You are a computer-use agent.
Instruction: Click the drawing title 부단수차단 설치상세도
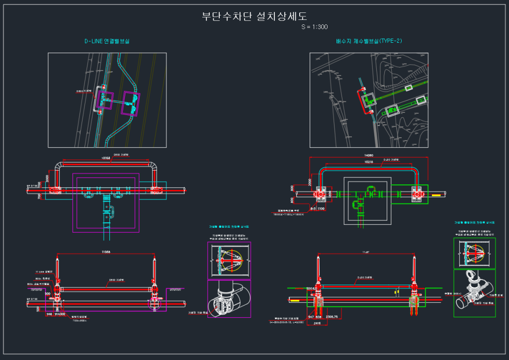coord(254,16)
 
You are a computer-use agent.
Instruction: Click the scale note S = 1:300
coord(315,27)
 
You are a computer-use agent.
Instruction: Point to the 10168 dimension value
coord(105,158)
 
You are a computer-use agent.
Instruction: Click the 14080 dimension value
coord(367,155)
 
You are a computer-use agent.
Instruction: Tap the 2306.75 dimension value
coord(332,317)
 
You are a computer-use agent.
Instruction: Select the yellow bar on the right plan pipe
coord(436,195)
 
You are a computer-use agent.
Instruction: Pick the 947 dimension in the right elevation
coord(311,317)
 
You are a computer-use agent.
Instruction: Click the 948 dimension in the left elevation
coord(49,314)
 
